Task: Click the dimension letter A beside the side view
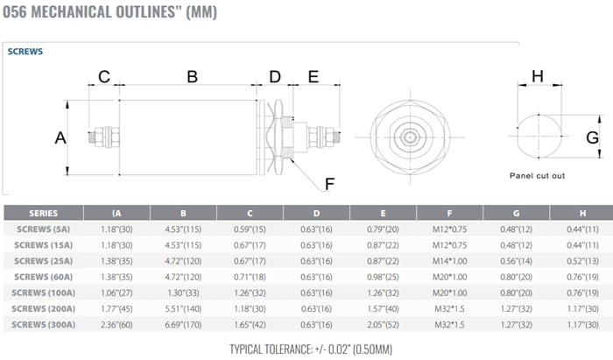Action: (x=60, y=138)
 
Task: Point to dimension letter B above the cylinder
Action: (x=192, y=76)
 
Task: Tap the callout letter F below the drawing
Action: (x=329, y=184)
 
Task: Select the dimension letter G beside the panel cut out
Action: (x=592, y=138)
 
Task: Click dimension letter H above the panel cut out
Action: (x=538, y=76)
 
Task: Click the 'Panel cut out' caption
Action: (x=537, y=175)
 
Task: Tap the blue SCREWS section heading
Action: (x=25, y=52)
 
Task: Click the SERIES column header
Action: (x=44, y=213)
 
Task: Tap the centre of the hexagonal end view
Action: (x=409, y=137)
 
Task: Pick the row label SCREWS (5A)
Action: (x=44, y=229)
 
